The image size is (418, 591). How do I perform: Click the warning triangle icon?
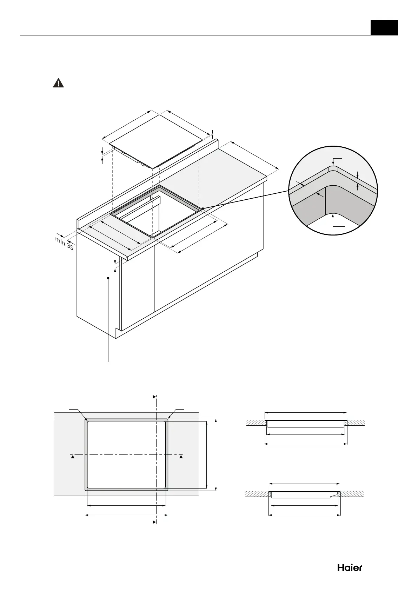(58, 83)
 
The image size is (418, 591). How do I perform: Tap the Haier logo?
(350, 567)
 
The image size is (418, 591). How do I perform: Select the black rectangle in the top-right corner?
(384, 27)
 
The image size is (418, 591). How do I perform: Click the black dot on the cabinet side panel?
(108, 278)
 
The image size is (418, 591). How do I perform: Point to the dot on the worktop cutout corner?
(203, 208)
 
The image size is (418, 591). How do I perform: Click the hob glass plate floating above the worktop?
(156, 140)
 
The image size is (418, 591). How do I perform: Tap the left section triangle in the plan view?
(72, 457)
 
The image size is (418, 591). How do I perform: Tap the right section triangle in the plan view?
(181, 457)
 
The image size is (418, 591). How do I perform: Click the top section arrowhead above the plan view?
(154, 397)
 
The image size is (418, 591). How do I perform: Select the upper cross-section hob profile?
(305, 424)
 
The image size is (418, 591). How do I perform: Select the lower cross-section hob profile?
(304, 494)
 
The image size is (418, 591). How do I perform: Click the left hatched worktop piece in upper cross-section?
(255, 423)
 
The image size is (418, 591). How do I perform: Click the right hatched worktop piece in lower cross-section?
(352, 493)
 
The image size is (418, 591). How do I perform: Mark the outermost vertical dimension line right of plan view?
(217, 454)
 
